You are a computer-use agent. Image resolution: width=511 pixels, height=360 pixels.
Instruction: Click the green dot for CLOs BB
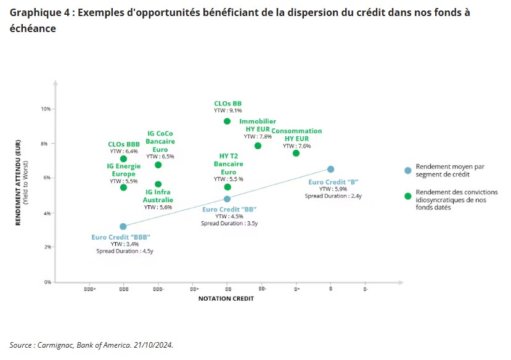pyautogui.click(x=227, y=121)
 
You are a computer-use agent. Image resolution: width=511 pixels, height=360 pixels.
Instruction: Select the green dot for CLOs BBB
pyautogui.click(x=123, y=159)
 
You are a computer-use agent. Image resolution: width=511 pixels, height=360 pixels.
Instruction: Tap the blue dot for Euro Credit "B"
pyautogui.click(x=330, y=169)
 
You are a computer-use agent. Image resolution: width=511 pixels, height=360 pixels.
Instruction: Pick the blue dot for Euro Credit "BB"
pyautogui.click(x=227, y=199)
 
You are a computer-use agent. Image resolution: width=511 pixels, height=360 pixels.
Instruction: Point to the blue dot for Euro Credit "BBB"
pyautogui.click(x=123, y=226)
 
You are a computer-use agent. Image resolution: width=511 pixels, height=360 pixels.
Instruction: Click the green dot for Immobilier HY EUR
pyautogui.click(x=258, y=145)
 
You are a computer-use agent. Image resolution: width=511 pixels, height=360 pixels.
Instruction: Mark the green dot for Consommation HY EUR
pyautogui.click(x=296, y=153)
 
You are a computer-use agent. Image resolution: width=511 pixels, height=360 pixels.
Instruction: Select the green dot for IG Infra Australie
pyautogui.click(x=158, y=184)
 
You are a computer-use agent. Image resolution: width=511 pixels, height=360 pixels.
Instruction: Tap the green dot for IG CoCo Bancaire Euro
pyautogui.click(x=158, y=165)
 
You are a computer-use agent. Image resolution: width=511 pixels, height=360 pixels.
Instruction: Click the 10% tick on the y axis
pyautogui.click(x=46, y=109)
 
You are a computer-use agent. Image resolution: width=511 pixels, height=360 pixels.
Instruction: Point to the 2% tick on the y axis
pyautogui.click(x=47, y=247)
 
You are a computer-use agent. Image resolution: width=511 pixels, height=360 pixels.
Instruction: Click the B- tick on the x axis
pyautogui.click(x=365, y=288)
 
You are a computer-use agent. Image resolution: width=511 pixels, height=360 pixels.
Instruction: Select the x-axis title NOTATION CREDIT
pyautogui.click(x=226, y=299)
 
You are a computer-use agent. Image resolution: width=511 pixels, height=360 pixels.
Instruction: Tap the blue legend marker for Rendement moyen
pyautogui.click(x=407, y=171)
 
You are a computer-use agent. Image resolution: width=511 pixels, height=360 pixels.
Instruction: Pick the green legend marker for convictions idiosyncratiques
pyautogui.click(x=407, y=196)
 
